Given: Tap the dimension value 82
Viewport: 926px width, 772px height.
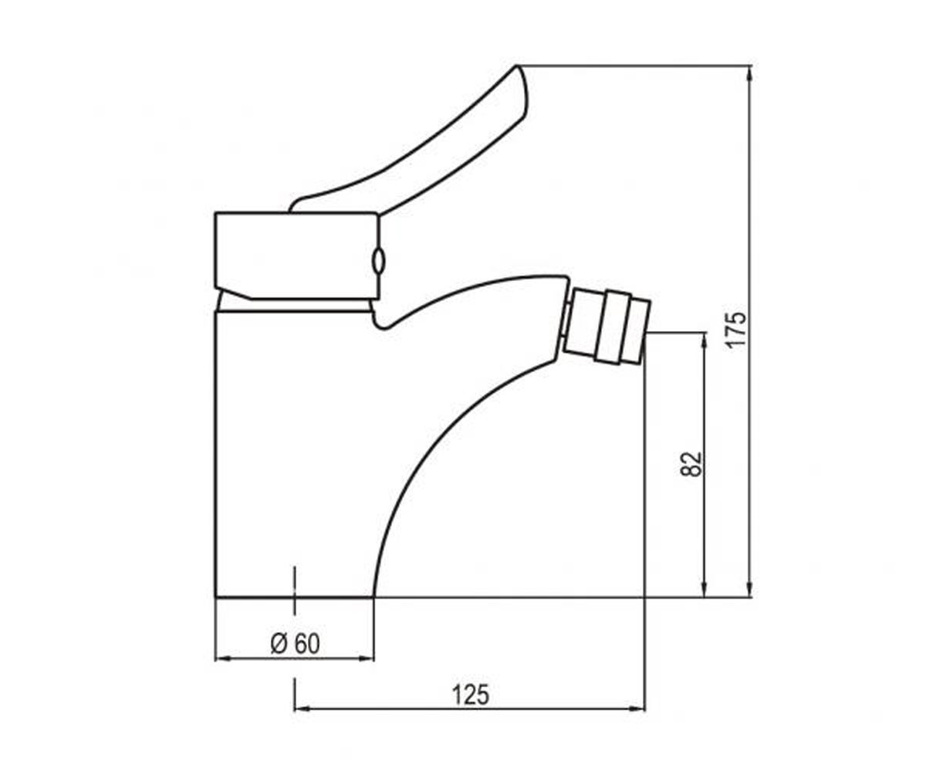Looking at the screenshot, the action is coord(691,464).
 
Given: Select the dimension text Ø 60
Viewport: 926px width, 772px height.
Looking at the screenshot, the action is coord(295,644).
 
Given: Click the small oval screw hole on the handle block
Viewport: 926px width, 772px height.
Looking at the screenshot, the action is coord(378,260).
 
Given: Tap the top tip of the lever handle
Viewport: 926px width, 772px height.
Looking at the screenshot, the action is coord(516,66).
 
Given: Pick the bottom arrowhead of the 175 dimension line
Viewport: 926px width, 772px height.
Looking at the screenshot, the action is coord(749,589).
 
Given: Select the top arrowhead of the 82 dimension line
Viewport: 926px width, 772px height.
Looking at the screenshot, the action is coord(705,340).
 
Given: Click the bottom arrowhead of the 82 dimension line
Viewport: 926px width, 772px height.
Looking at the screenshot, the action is coord(705,589).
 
